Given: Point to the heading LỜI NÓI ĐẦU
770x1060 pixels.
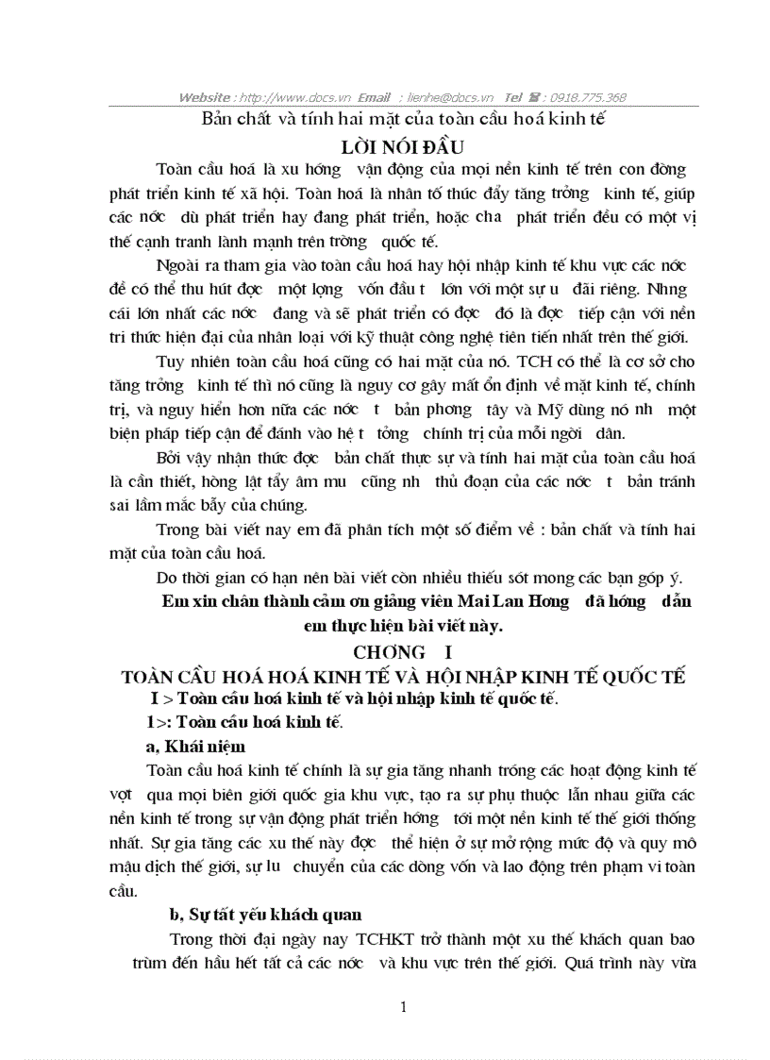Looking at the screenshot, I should point(403,146).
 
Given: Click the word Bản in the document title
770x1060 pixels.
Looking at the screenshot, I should point(217,121).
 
